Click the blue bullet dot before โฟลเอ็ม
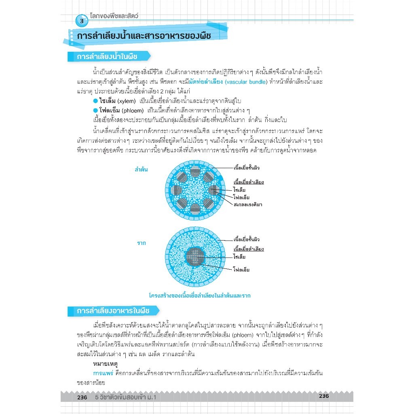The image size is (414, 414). [x=95, y=110]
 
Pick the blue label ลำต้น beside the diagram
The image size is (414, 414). [x=141, y=169]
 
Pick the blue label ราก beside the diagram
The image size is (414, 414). [x=141, y=243]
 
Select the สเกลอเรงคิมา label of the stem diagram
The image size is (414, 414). [x=248, y=205]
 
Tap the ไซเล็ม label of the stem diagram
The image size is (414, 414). [x=240, y=190]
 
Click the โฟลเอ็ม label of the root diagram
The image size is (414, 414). [x=241, y=269]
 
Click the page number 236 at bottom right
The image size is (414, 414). [x=324, y=396]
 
